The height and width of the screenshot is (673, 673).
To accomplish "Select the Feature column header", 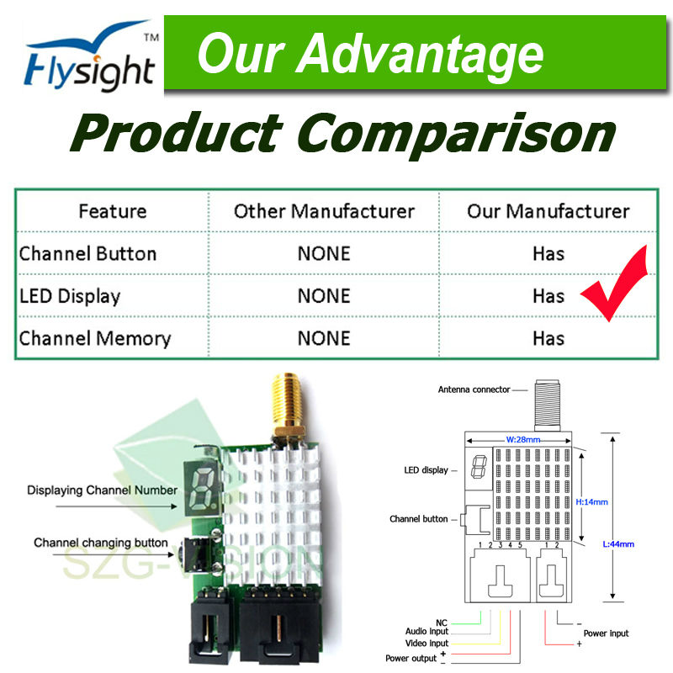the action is click(x=113, y=211).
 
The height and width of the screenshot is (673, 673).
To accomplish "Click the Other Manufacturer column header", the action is click(x=324, y=211).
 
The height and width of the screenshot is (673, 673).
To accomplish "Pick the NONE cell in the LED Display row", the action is click(x=324, y=296).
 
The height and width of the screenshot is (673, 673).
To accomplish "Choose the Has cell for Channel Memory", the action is click(x=548, y=338).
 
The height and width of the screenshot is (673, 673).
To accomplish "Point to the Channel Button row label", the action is click(x=87, y=254).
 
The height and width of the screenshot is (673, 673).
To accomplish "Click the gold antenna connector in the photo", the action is click(x=288, y=405).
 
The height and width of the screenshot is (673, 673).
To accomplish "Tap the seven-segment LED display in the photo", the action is click(x=202, y=489).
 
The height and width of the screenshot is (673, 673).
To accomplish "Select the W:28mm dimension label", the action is click(x=522, y=439).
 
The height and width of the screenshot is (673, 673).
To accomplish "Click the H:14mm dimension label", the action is click(x=591, y=501).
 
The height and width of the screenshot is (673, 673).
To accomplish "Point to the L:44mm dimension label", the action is click(x=618, y=543).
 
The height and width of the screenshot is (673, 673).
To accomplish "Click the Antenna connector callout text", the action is click(x=474, y=389).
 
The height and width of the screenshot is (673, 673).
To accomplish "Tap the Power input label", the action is click(x=606, y=633).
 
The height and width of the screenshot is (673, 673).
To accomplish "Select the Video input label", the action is click(x=427, y=643).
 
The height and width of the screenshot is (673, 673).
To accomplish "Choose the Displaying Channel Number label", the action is click(x=102, y=490).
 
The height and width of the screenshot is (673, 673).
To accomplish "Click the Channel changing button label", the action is click(x=101, y=543).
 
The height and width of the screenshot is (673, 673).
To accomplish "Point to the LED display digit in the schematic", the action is click(x=479, y=467).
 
